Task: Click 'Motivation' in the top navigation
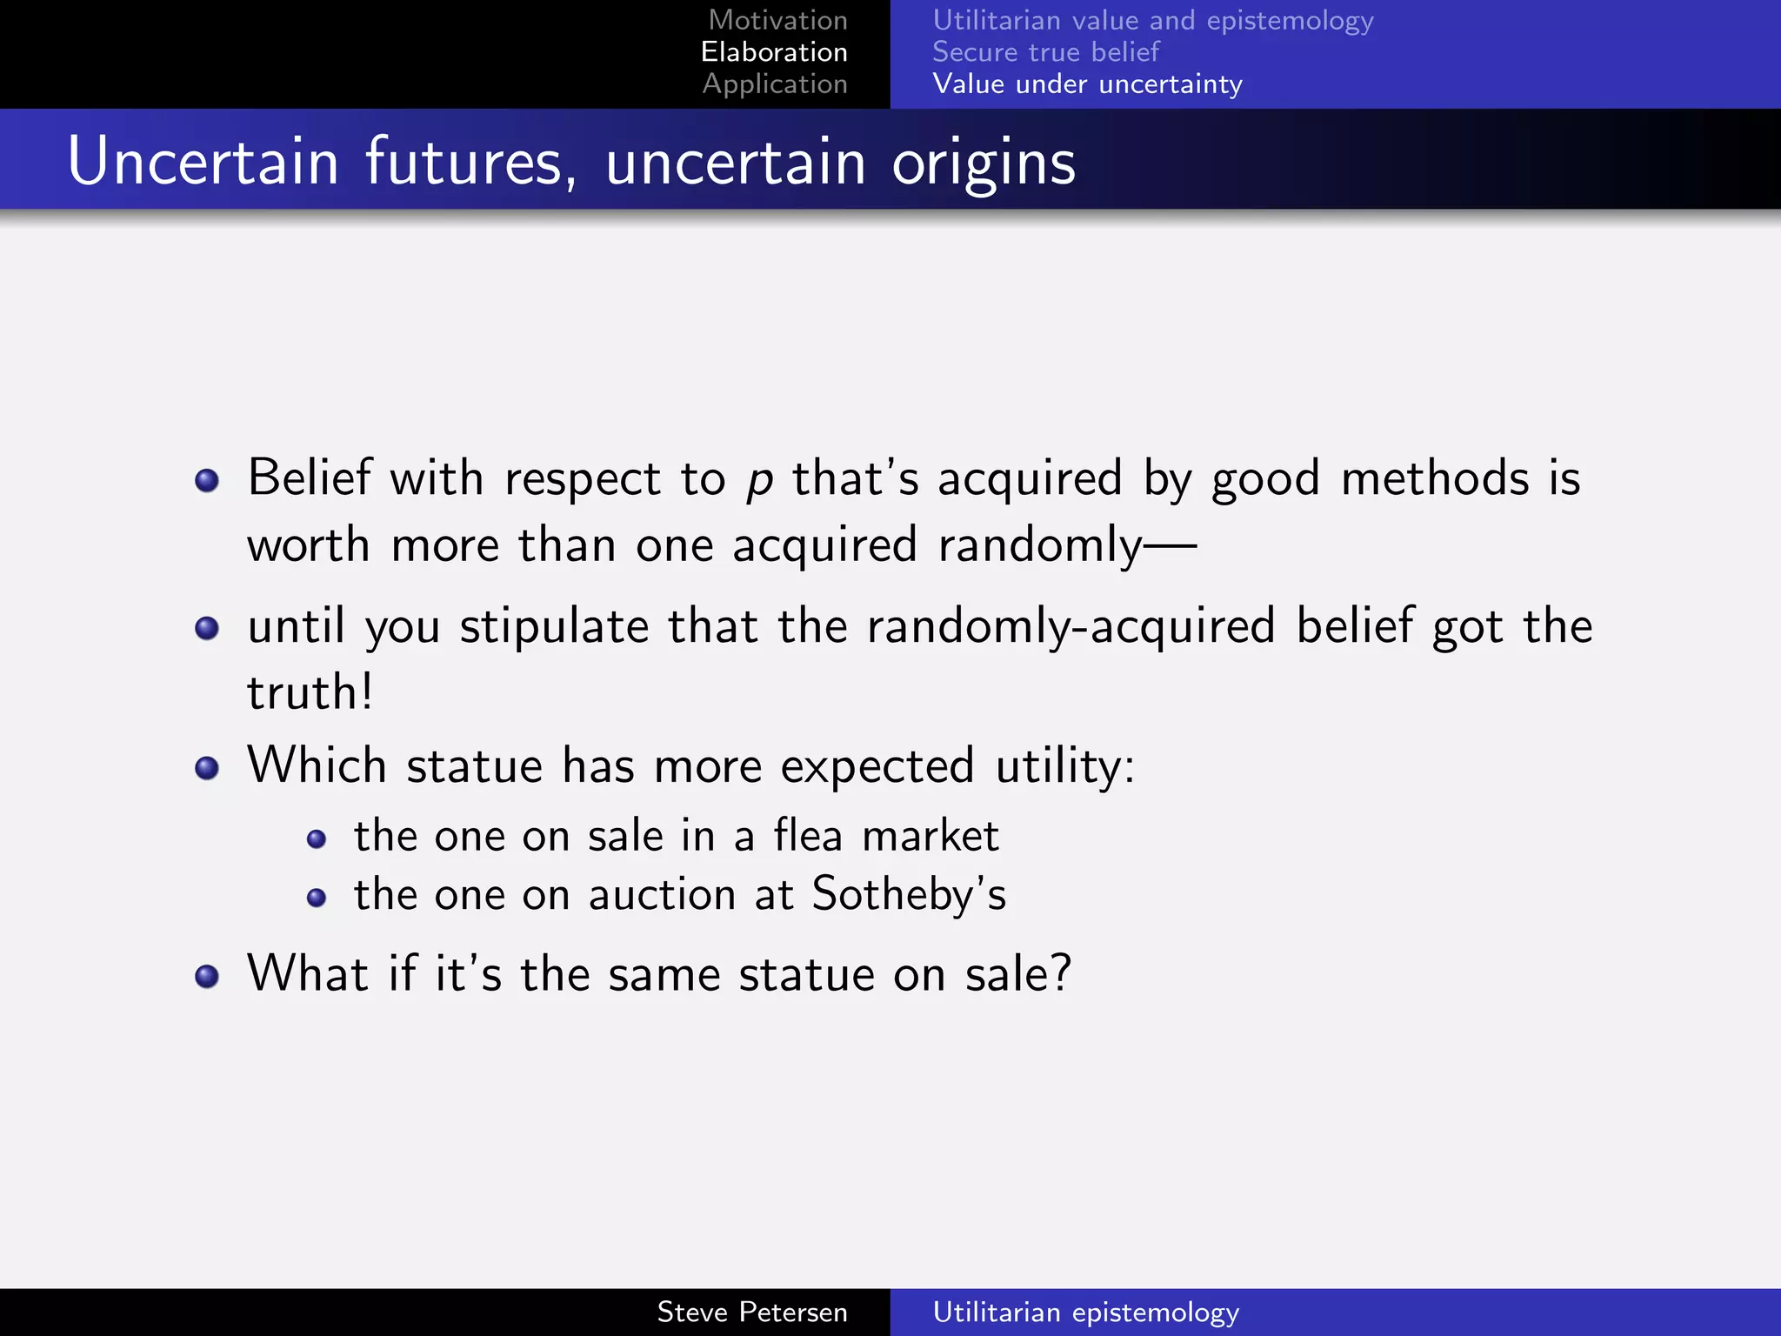pyautogui.click(x=777, y=20)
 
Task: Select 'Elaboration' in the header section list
pyautogui.click(x=774, y=52)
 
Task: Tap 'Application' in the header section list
pyautogui.click(x=775, y=84)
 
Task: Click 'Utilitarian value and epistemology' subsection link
pyautogui.click(x=1152, y=20)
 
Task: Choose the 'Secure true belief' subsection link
pyautogui.click(x=1045, y=52)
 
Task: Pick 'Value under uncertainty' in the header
pyautogui.click(x=1087, y=84)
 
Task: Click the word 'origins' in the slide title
pyautogui.click(x=983, y=163)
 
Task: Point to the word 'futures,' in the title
pyautogui.click(x=470, y=163)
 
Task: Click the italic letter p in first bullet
pyautogui.click(x=759, y=481)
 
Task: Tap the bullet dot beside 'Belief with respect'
pyautogui.click(x=207, y=480)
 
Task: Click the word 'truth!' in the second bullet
pyautogui.click(x=310, y=693)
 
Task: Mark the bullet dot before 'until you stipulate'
pyautogui.click(x=207, y=627)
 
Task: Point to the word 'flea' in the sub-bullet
pyautogui.click(x=808, y=836)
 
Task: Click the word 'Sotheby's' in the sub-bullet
pyautogui.click(x=909, y=895)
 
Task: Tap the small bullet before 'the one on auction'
pyautogui.click(x=317, y=898)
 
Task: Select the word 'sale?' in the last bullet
pyautogui.click(x=1017, y=974)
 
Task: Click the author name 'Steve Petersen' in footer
pyautogui.click(x=752, y=1312)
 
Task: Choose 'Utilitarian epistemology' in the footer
pyautogui.click(x=1085, y=1312)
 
